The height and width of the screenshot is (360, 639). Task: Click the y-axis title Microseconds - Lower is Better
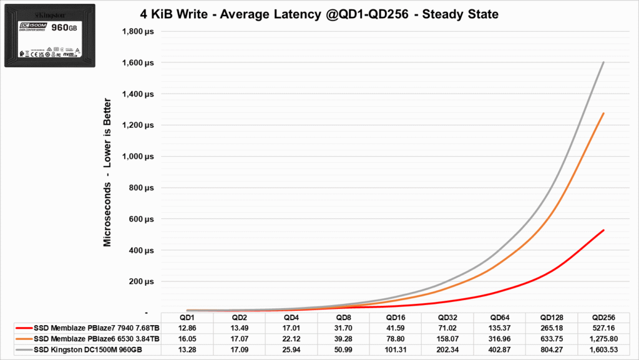[x=107, y=172]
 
